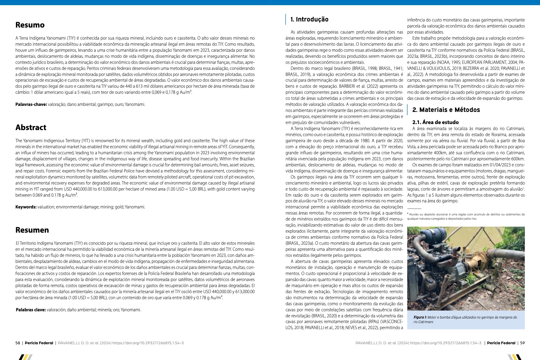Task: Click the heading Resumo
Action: tap(30, 25)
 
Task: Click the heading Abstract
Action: tap(31, 128)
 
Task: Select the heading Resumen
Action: tap(32, 230)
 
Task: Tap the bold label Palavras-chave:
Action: tap(31, 105)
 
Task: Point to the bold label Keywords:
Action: tap(26, 207)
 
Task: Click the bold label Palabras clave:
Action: tap(31, 310)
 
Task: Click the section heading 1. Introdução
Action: tap(309, 20)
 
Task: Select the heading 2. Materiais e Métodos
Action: tap(446, 110)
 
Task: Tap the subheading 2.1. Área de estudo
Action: tap(435, 122)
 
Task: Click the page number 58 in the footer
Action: tap(18, 343)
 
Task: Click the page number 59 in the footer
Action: tap(522, 343)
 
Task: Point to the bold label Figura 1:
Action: tap(420, 317)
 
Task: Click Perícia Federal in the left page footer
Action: tap(39, 343)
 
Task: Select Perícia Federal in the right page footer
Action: tap(501, 343)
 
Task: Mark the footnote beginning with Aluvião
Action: tap(466, 216)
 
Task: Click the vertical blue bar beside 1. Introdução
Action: tap(286, 19)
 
